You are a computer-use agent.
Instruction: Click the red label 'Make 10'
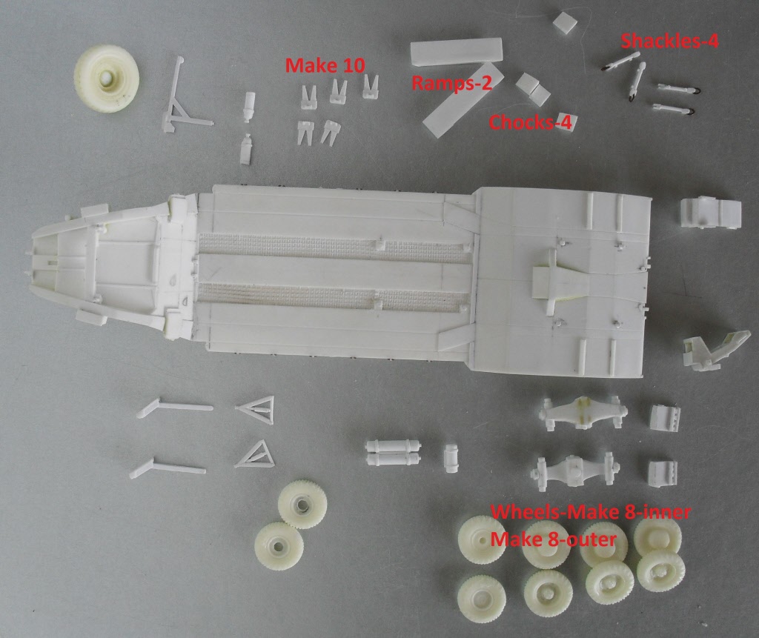[325, 65]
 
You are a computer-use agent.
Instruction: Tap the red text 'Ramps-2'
[451, 83]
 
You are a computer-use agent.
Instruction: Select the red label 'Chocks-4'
[530, 122]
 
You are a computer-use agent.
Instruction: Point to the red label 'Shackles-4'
[669, 41]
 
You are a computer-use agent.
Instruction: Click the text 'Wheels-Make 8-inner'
[591, 511]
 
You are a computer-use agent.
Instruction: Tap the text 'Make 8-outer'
[553, 539]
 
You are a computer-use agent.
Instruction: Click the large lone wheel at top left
[107, 79]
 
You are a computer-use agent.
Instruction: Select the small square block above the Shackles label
[565, 23]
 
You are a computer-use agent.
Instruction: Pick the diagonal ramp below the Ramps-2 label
[463, 100]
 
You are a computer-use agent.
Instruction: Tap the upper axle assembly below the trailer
[583, 413]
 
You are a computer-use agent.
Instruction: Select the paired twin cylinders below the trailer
[393, 453]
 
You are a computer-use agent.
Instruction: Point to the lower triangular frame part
[255, 455]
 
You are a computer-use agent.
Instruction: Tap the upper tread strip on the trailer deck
[334, 247]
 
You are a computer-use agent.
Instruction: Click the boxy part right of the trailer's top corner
[711, 213]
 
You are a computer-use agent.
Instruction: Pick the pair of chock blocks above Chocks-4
[532, 89]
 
